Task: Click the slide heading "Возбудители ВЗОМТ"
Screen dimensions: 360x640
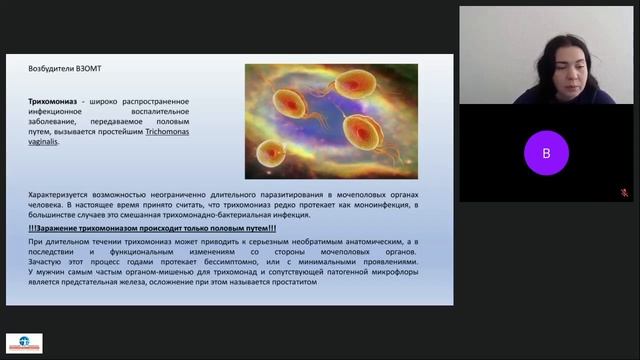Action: pyautogui.click(x=66, y=68)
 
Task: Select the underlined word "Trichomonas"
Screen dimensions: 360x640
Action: pyautogui.click(x=171, y=132)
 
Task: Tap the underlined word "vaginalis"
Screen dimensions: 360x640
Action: pyautogui.click(x=43, y=142)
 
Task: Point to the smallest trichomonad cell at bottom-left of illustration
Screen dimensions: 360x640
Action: pyautogui.click(x=269, y=152)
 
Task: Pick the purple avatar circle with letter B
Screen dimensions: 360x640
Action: pyautogui.click(x=546, y=154)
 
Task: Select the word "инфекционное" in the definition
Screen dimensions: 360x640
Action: pyautogui.click(x=60, y=112)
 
